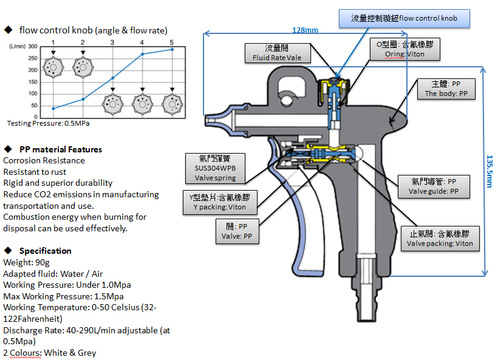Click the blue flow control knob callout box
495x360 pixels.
pyautogui.click(x=405, y=18)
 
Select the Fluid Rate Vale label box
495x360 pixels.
pyautogui.click(x=276, y=52)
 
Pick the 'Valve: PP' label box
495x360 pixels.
pyautogui.click(x=238, y=231)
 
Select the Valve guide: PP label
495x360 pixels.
pyautogui.click(x=434, y=186)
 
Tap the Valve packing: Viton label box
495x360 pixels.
pyautogui.click(x=439, y=239)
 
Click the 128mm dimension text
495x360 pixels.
pyautogui.click(x=305, y=30)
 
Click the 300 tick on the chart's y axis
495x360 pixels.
pyautogui.click(x=33, y=47)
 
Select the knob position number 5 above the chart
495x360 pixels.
pyautogui.click(x=172, y=42)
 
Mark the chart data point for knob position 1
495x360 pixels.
pyautogui.click(x=53, y=109)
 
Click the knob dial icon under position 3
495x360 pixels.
pyautogui.click(x=112, y=104)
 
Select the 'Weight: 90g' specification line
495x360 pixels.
pyautogui.click(x=25, y=262)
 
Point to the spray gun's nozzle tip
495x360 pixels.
pyautogui.click(x=210, y=120)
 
